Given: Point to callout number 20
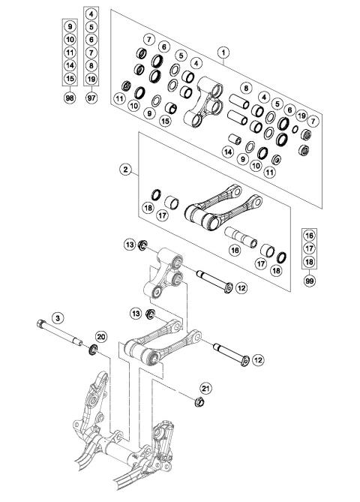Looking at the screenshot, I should click(x=101, y=337).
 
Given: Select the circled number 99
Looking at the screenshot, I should click(x=310, y=281).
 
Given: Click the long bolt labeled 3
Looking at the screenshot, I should click(x=61, y=335).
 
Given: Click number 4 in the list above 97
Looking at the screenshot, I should click(x=91, y=14).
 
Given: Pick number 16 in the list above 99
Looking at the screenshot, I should click(x=310, y=234).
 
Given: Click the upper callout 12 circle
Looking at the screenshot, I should click(x=241, y=287).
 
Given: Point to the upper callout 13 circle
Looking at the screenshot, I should click(x=130, y=245).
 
